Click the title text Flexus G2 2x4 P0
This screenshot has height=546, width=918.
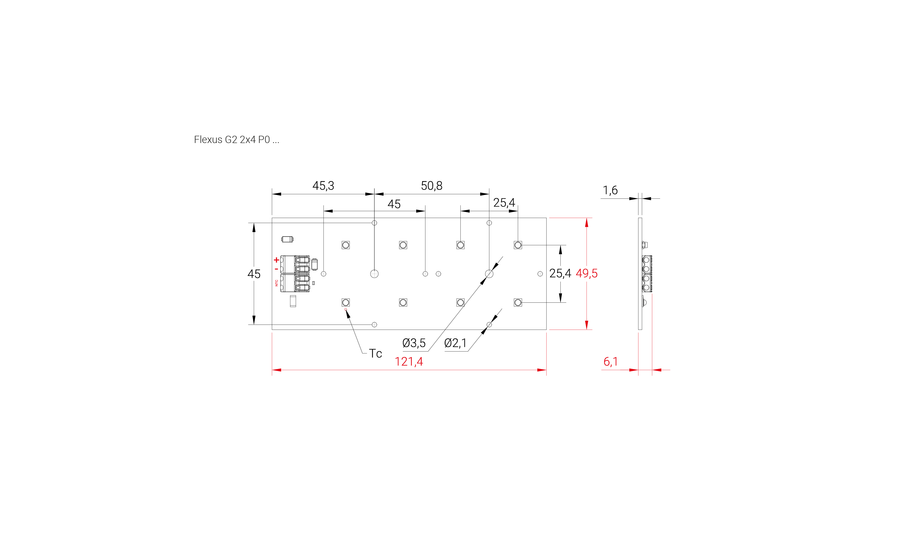[x=236, y=140]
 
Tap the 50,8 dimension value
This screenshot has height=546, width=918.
[x=432, y=186]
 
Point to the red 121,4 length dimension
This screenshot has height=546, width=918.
[x=409, y=362]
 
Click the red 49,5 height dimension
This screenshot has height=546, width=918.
[x=586, y=273]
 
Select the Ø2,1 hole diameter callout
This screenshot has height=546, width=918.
[x=455, y=343]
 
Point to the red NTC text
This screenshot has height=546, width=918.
[x=277, y=283]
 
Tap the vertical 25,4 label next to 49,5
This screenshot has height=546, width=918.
[x=560, y=273]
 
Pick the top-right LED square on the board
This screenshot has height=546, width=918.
[x=518, y=245]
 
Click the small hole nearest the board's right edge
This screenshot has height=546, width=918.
[x=540, y=274]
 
